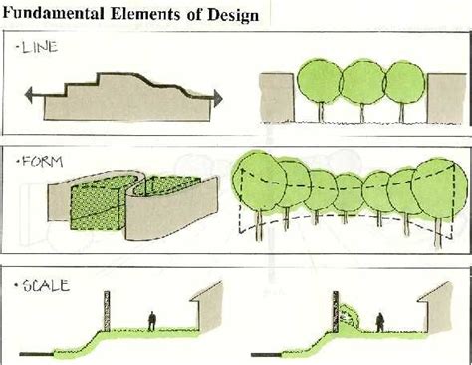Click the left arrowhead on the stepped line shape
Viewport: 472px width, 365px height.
click(28, 96)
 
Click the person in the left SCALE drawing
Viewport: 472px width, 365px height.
click(151, 321)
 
